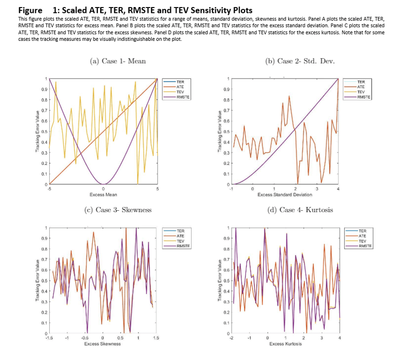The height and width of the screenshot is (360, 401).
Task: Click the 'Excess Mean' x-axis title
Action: [103, 195]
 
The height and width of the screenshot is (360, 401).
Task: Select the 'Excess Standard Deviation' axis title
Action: [284, 195]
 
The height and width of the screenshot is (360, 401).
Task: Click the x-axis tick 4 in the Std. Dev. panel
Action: [338, 189]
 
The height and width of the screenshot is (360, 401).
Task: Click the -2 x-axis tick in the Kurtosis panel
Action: [231, 338]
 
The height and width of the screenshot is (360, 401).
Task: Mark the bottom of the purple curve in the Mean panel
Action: [103, 183]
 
